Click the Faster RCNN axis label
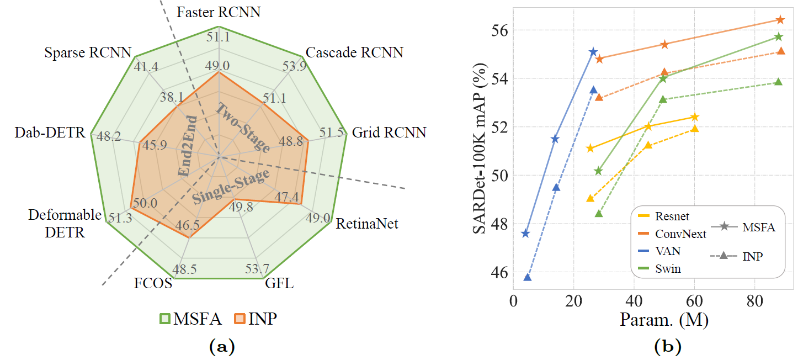click(x=219, y=12)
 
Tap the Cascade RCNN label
click(x=354, y=52)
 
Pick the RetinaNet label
click(x=367, y=224)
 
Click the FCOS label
click(x=153, y=285)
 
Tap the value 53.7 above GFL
click(x=257, y=269)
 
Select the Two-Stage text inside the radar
click(x=243, y=128)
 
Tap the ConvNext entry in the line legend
click(x=680, y=234)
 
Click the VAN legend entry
click(x=668, y=251)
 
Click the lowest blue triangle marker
click(x=528, y=277)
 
